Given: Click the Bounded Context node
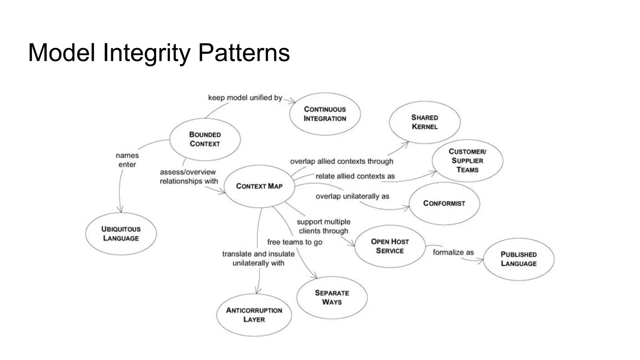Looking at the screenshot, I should click(205, 139).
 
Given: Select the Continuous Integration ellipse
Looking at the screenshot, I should click(325, 114).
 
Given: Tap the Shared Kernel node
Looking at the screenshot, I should click(425, 122).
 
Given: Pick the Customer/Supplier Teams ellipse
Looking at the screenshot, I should click(467, 161).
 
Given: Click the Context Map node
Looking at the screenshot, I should click(259, 186).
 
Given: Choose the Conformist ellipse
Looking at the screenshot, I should click(444, 203).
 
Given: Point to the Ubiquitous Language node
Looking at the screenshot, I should click(121, 234).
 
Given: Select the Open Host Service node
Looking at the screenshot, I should click(390, 246).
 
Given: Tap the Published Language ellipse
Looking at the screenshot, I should click(519, 259).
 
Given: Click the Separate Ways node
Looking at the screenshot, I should click(332, 297).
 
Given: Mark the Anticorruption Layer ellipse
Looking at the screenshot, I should click(254, 315).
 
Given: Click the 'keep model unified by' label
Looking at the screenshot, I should click(245, 98).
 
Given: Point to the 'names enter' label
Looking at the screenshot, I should click(127, 160).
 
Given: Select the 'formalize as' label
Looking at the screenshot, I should click(453, 252).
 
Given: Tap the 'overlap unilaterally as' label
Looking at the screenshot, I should click(352, 197).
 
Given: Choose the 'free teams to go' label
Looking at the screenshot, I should click(295, 242).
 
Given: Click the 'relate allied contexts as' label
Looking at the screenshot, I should click(355, 176).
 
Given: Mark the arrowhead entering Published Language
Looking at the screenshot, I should click(481, 261).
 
